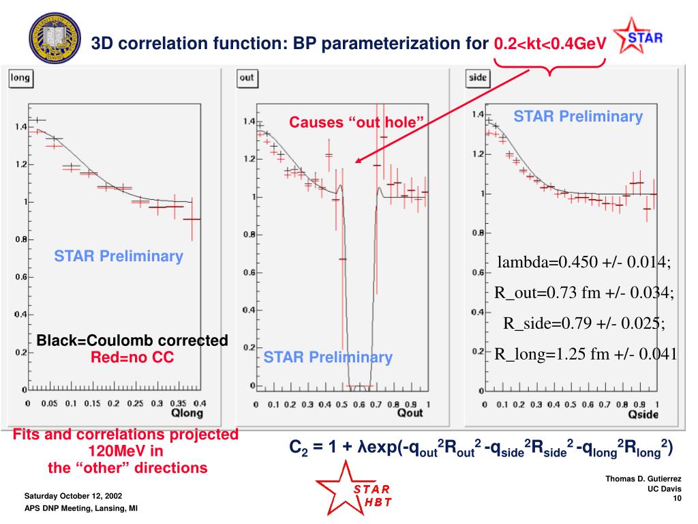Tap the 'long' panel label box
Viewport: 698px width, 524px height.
(x=20, y=78)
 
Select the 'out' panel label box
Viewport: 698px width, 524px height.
(x=247, y=78)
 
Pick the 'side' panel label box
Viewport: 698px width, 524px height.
(x=478, y=78)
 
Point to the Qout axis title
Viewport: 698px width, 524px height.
(x=410, y=413)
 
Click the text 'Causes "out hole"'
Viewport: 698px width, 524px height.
(x=356, y=122)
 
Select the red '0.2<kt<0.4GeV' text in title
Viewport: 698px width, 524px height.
(x=550, y=44)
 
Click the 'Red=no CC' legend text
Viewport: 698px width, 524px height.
(x=132, y=357)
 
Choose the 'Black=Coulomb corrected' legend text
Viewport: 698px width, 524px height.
(x=132, y=340)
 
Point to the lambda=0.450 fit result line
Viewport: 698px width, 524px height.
(x=583, y=263)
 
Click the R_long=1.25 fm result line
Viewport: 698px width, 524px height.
(x=585, y=353)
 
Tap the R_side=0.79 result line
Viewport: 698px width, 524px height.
(x=583, y=323)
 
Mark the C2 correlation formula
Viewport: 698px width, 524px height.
(x=481, y=448)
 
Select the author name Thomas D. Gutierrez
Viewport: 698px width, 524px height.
(x=643, y=480)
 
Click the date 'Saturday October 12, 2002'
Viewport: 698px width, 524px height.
(x=74, y=495)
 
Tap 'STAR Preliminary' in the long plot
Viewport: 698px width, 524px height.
(x=119, y=257)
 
